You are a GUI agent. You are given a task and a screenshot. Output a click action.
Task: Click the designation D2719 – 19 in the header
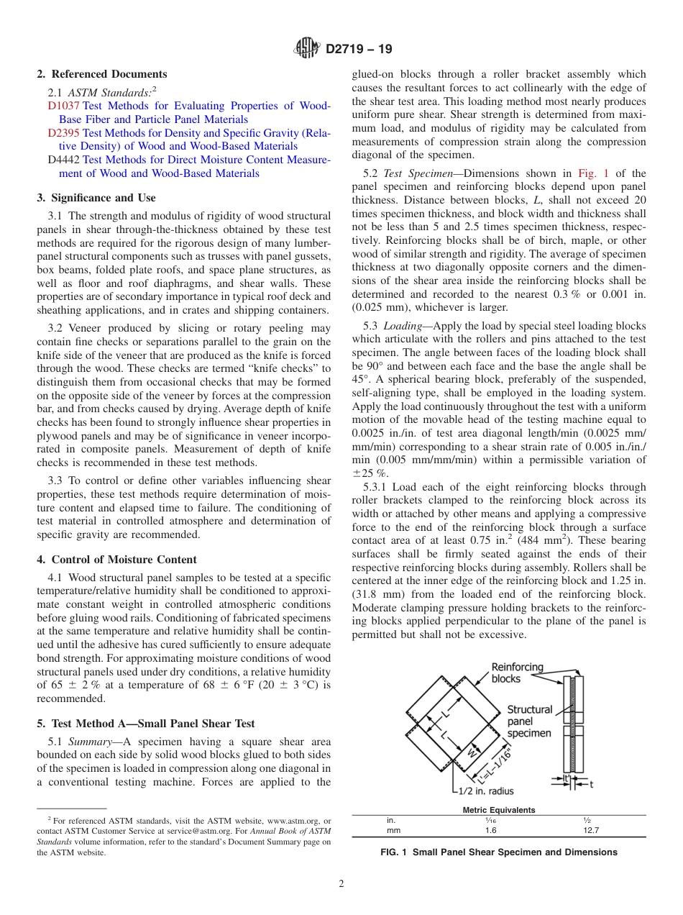[x=359, y=50]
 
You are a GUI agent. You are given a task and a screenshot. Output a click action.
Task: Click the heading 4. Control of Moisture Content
[x=116, y=559]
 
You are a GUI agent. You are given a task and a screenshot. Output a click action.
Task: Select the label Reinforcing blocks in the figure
[x=517, y=673]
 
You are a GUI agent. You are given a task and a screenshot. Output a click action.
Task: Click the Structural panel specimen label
[x=530, y=721]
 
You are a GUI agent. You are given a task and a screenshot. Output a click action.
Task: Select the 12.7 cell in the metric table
[x=591, y=829]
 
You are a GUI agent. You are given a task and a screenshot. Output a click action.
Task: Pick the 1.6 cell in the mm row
[x=490, y=829]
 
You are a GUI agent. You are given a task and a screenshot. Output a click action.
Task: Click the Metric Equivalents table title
[x=498, y=809]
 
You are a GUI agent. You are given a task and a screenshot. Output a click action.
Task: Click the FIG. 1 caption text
[x=498, y=852]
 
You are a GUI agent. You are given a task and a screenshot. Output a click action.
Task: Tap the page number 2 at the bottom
[x=341, y=884]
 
